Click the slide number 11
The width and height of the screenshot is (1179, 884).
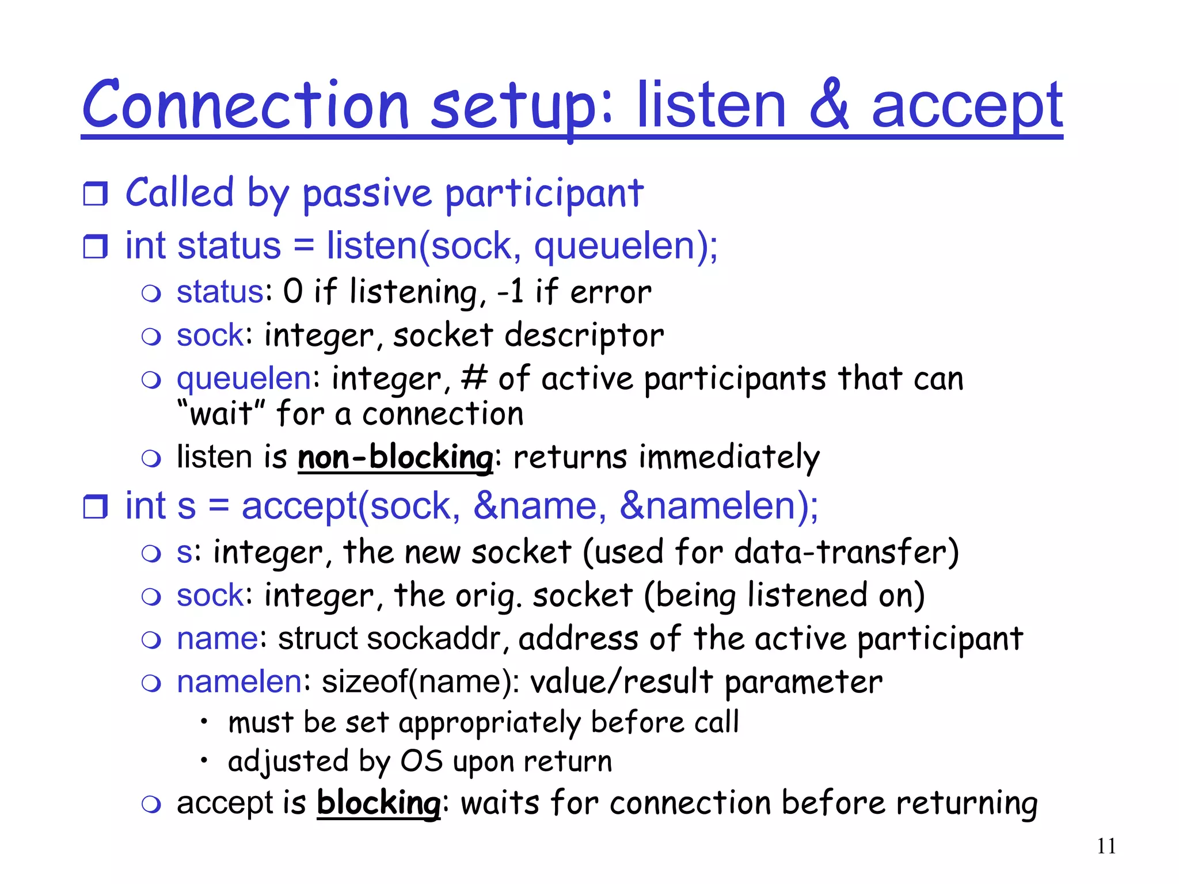[1106, 846]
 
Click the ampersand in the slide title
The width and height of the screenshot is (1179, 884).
[828, 105]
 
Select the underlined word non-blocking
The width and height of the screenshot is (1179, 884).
[395, 458]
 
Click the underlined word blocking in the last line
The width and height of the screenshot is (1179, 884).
[378, 803]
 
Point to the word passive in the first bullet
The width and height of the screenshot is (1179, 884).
[367, 194]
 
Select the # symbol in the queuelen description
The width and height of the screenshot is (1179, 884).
[474, 379]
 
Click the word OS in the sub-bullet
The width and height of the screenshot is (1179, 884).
[421, 761]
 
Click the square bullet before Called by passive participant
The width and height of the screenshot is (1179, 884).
[95, 194]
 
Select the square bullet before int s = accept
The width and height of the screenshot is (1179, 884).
[95, 507]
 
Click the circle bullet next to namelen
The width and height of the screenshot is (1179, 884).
[151, 683]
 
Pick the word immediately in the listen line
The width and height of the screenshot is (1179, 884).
[729, 458]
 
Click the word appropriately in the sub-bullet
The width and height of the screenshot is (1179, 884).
[490, 723]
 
